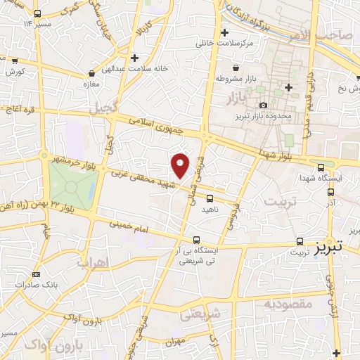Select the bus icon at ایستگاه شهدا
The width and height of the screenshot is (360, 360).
coord(321,167)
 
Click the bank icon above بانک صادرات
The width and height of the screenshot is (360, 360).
coord(37,274)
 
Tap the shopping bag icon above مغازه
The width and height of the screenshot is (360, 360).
coord(91,73)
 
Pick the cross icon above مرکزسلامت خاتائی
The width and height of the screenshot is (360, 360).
coord(224,33)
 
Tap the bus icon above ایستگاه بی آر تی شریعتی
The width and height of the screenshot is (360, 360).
coord(196,239)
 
